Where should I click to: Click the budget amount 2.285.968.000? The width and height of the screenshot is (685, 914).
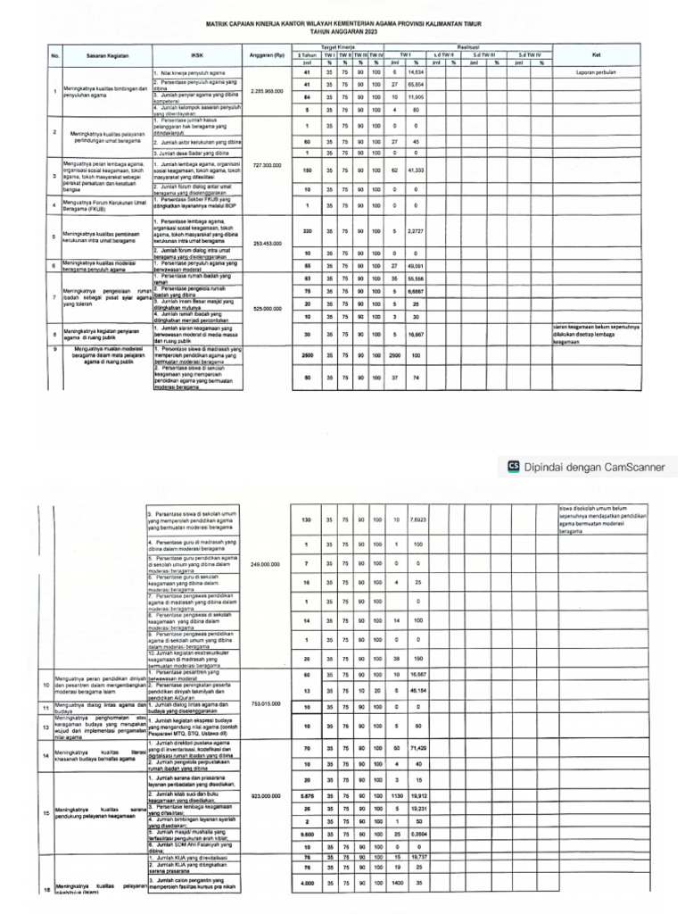(267, 91)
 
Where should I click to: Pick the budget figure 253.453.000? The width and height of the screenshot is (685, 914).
(267, 243)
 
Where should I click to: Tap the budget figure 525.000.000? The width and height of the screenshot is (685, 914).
(267, 309)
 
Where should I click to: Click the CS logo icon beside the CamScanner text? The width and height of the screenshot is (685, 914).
(513, 465)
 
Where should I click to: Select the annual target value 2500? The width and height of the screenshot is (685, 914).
(307, 354)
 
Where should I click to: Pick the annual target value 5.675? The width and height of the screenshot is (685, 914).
(307, 795)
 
